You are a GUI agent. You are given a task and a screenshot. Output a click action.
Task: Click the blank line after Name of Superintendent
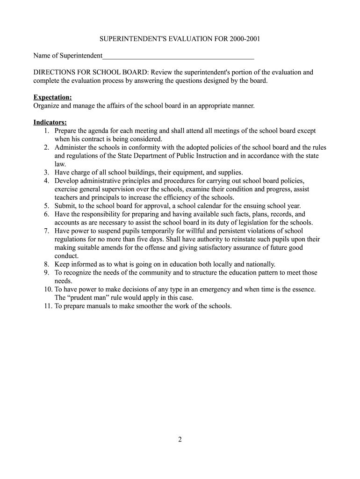(178, 56)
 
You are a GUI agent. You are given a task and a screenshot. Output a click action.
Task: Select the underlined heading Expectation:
(52, 97)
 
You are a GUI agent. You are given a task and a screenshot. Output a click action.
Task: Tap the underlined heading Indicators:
(50, 123)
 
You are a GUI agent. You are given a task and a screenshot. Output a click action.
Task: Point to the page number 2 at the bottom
(180, 439)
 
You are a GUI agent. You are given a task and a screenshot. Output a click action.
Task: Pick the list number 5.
(47, 206)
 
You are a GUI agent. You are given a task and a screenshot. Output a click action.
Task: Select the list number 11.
(45, 306)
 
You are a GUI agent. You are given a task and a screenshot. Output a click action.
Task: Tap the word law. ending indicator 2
(60, 164)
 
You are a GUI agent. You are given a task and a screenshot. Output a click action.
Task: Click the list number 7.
(47, 231)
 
